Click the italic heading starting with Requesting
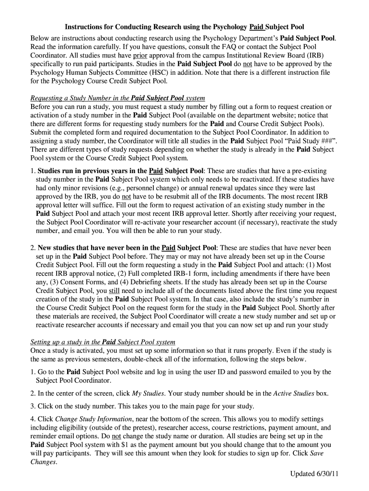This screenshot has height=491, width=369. pyautogui.click(x=117, y=98)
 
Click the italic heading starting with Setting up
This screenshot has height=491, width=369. pyautogui.click(x=103, y=342)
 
